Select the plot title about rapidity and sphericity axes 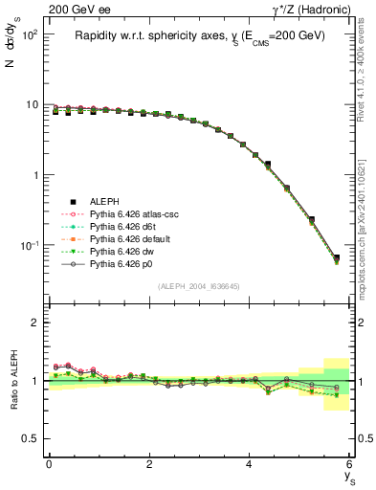(200, 36)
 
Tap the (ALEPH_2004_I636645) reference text (199, 286)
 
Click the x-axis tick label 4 (250, 465)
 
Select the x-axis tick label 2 (149, 465)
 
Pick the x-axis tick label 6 (350, 465)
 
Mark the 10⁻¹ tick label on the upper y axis (29, 246)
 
